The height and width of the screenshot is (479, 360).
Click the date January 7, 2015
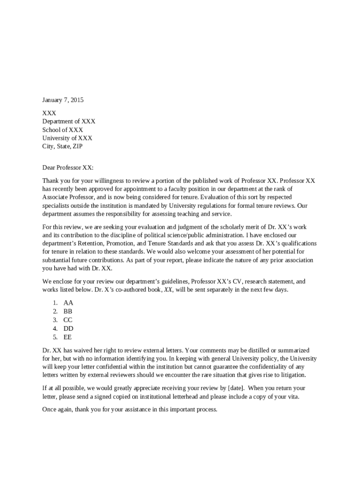tap(63, 100)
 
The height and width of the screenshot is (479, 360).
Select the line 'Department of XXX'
tap(69, 121)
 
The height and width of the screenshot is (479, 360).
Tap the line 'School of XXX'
tap(63, 130)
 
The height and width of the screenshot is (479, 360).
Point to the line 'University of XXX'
tap(67, 138)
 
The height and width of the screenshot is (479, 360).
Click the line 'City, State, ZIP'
tap(63, 146)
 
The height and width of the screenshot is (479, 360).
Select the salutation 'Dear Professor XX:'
tap(68, 167)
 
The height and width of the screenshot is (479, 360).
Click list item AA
tap(68, 303)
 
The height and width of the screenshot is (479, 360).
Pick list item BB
tap(68, 311)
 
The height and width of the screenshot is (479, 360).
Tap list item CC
tap(68, 320)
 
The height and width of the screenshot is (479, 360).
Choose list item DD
tap(68, 328)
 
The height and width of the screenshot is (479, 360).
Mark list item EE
tap(68, 337)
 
